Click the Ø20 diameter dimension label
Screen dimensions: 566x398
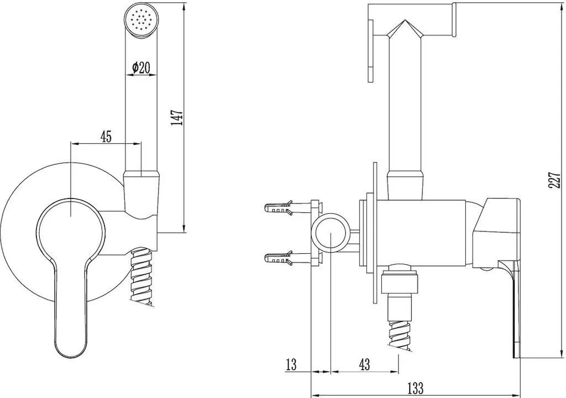tap(141, 67)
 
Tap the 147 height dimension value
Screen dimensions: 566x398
tap(177, 117)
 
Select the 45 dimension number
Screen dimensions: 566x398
tap(106, 137)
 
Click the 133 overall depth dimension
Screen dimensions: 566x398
tap(415, 389)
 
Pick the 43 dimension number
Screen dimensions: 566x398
tap(365, 365)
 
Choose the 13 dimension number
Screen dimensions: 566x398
tap(291, 365)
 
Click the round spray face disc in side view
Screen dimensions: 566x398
tap(371, 51)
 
